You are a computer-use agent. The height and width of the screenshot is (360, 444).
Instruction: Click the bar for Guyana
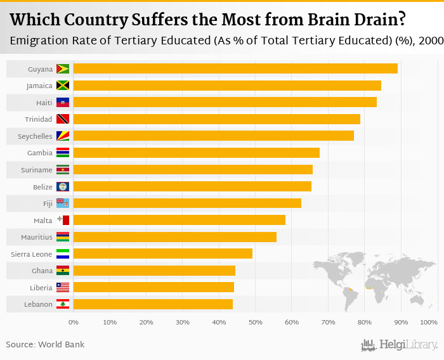tap(235, 68)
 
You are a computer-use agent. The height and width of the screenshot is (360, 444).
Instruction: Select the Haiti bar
tap(225, 102)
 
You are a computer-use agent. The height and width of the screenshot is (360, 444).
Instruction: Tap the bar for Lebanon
tap(153, 304)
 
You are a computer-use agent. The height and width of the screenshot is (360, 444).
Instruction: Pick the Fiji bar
tap(187, 203)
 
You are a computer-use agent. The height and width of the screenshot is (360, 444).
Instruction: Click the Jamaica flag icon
tap(63, 86)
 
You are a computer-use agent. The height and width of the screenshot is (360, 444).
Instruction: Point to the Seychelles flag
tap(63, 136)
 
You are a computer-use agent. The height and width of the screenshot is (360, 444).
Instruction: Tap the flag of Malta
tap(63, 220)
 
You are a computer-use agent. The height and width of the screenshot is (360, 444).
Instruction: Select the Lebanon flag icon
tap(63, 304)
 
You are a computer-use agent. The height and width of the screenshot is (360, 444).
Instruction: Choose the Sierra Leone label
tap(32, 254)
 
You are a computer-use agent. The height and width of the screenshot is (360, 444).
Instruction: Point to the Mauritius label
tap(36, 237)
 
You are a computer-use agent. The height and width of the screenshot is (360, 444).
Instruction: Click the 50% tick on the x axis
tap(255, 323)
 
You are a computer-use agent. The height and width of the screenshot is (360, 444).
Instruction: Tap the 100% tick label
tap(429, 323)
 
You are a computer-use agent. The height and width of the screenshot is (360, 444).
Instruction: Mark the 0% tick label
tap(74, 323)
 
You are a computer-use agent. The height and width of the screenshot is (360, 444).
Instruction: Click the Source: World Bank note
tap(45, 344)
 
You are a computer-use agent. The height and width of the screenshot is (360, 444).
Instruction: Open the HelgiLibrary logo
tap(399, 345)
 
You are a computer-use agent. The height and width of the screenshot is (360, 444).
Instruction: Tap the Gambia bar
tap(197, 153)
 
